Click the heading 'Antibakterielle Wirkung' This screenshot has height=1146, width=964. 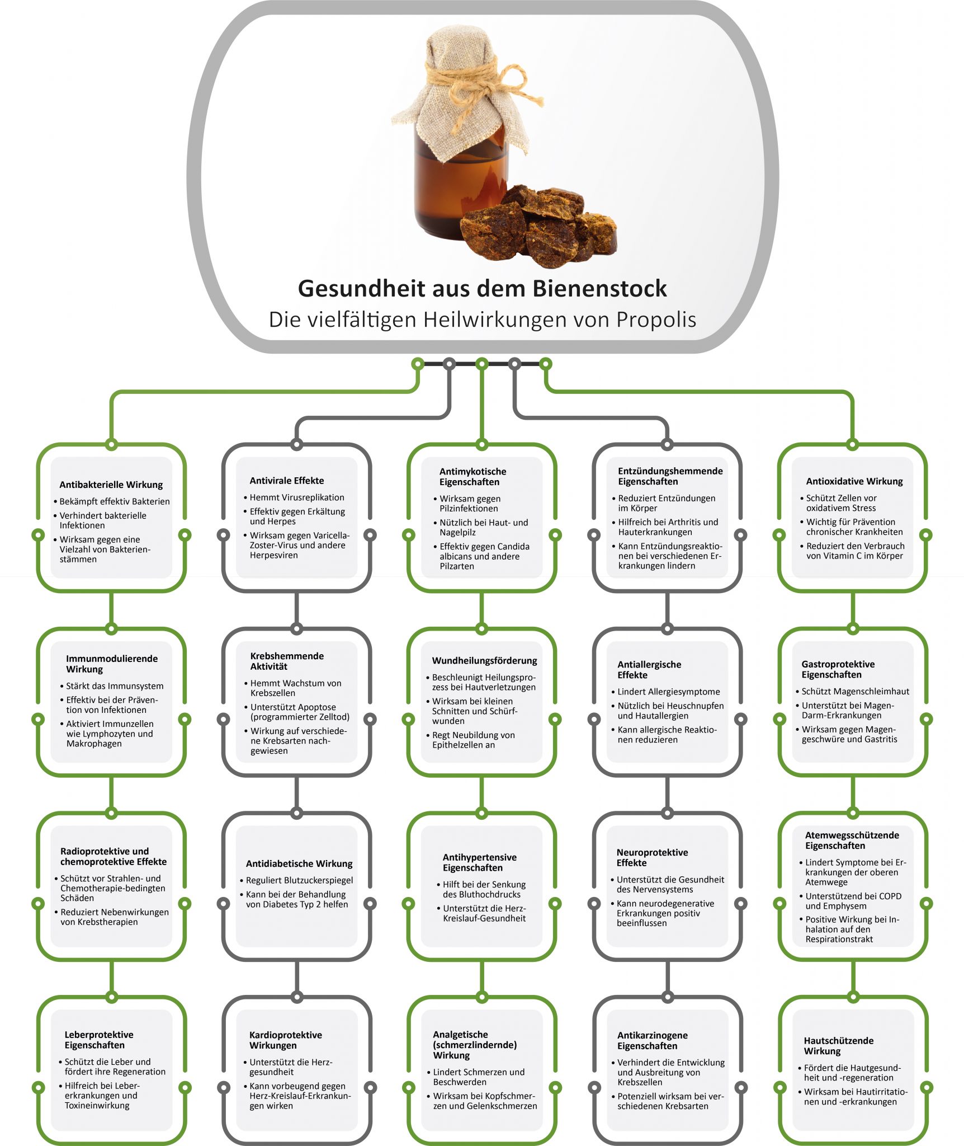point(111,485)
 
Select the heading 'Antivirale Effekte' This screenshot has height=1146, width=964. point(286,481)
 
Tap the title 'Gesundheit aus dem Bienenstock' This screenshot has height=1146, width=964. point(482,289)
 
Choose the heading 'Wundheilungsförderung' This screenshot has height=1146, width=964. point(484,660)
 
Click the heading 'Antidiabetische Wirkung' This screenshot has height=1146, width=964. point(299,863)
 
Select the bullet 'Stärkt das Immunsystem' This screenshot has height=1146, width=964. point(115,686)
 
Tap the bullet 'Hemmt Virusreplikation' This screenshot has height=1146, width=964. point(296,497)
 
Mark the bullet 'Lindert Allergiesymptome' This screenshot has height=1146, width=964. point(668,692)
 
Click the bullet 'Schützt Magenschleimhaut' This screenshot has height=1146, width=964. point(855,692)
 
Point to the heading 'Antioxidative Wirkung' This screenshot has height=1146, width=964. point(854,481)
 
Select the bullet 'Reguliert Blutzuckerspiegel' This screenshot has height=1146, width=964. point(299,880)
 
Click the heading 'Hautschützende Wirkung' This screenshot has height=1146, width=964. point(838,1046)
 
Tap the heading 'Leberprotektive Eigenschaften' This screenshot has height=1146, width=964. point(98,1040)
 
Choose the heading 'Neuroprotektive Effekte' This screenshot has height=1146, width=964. point(652,857)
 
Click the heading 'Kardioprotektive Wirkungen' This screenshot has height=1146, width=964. point(285,1040)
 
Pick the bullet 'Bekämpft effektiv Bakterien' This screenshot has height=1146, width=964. point(114,501)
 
